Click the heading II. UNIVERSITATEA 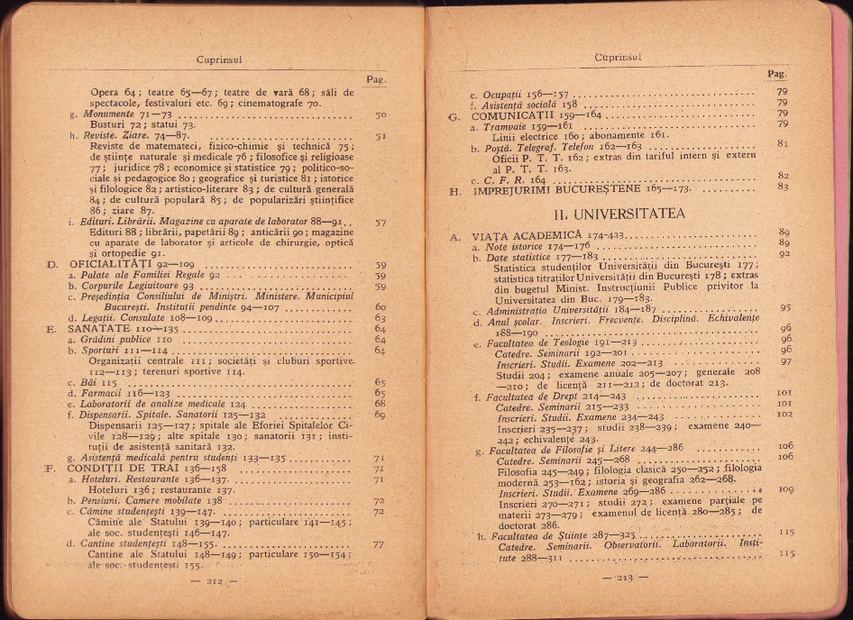coord(618,214)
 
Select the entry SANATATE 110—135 coord(116,329)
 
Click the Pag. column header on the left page coord(377,79)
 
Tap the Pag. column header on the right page coord(775,73)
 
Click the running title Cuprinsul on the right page coord(617,57)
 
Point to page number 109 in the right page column coord(785,489)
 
